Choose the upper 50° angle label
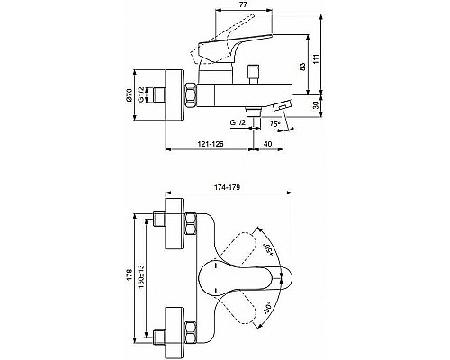tap(269, 250)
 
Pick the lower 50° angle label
tap(266, 309)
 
